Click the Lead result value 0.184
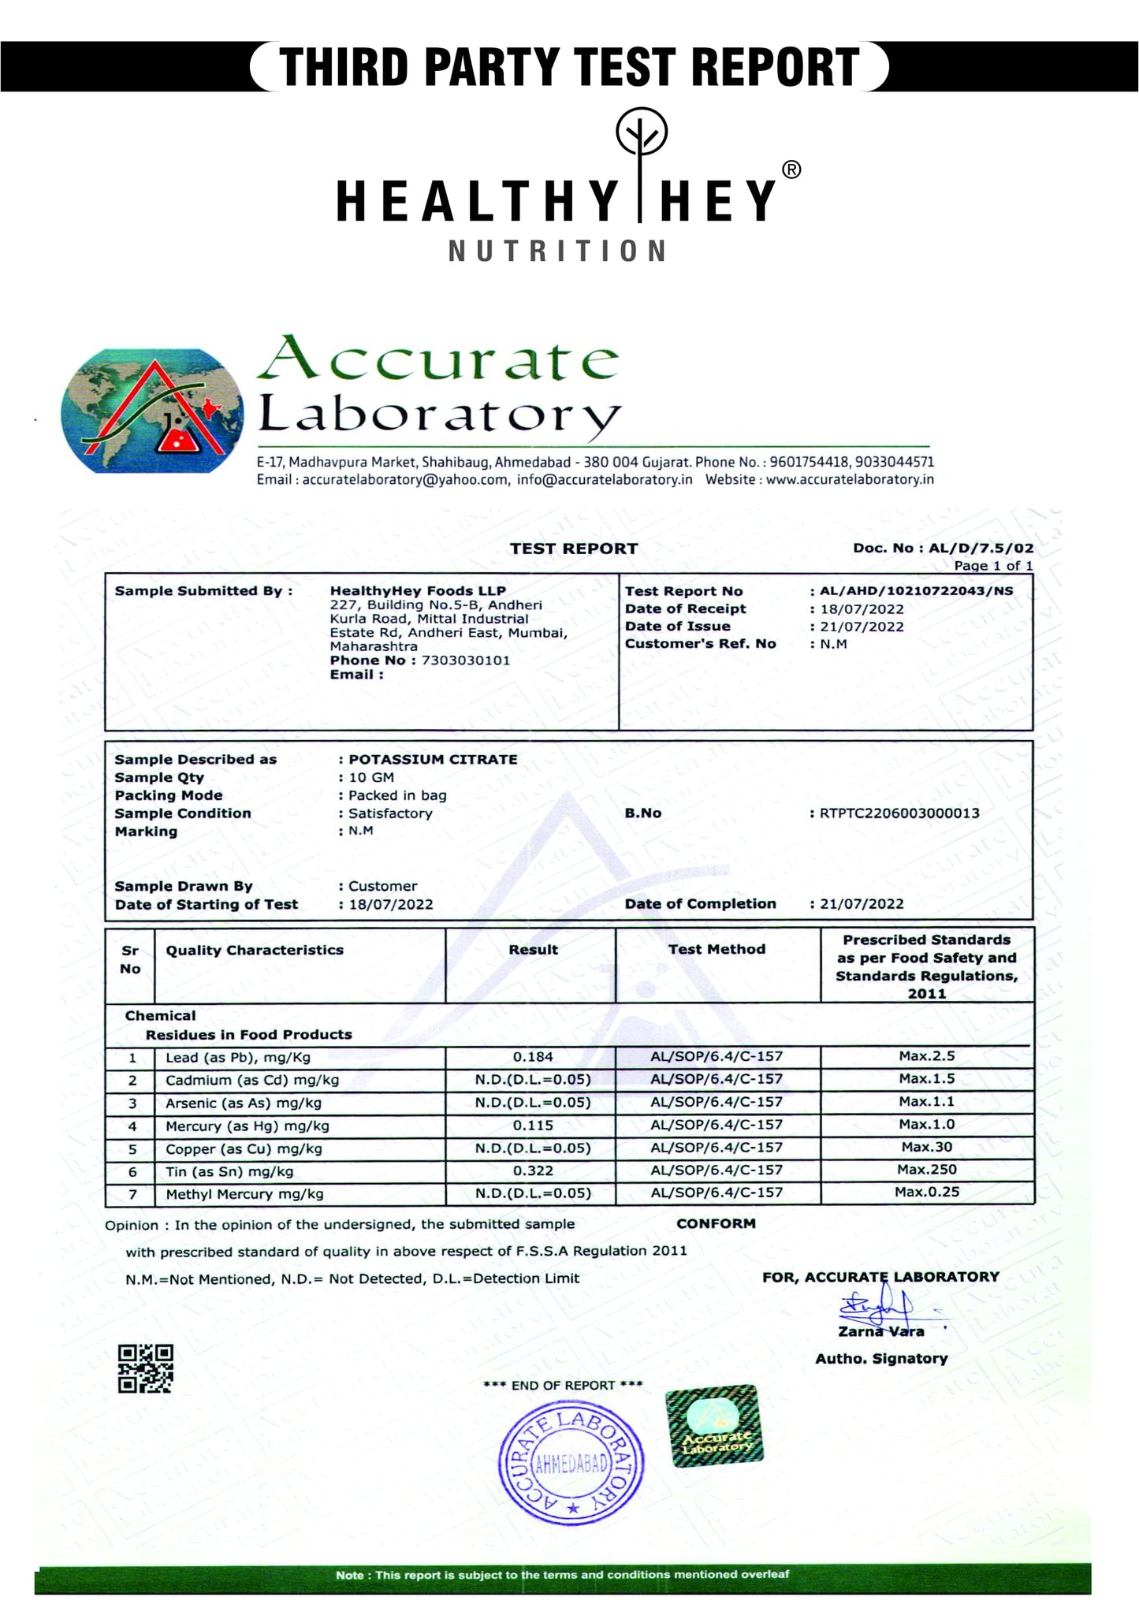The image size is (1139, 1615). (533, 1057)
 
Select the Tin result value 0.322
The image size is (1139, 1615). (533, 1171)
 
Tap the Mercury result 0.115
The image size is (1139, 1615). (533, 1126)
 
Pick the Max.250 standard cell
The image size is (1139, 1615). (927, 1170)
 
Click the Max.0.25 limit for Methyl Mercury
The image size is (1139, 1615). (927, 1192)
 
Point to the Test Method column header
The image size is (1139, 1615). (717, 950)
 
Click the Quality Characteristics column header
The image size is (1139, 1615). (255, 951)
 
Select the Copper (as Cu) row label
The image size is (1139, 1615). (244, 1149)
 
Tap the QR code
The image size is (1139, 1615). (145, 1369)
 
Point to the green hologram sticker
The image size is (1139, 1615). (714, 1427)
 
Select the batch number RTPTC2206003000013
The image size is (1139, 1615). (899, 813)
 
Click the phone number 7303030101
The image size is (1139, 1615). (466, 661)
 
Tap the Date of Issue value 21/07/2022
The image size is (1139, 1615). (862, 627)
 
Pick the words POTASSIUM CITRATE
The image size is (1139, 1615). (433, 760)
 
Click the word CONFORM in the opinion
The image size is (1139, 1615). (716, 1224)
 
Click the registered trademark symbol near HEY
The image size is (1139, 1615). (791, 169)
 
